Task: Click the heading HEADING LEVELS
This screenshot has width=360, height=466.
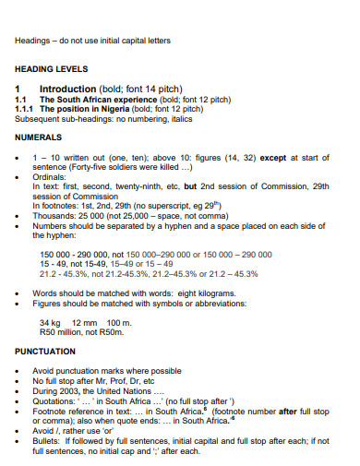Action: tap(52, 69)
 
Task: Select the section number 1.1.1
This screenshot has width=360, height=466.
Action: tap(26, 108)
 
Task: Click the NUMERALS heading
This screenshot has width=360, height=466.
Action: tap(39, 137)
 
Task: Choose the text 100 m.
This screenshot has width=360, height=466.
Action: tap(121, 321)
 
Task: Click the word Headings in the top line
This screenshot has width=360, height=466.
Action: tap(33, 41)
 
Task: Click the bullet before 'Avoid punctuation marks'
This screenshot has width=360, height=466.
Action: tap(19, 370)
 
